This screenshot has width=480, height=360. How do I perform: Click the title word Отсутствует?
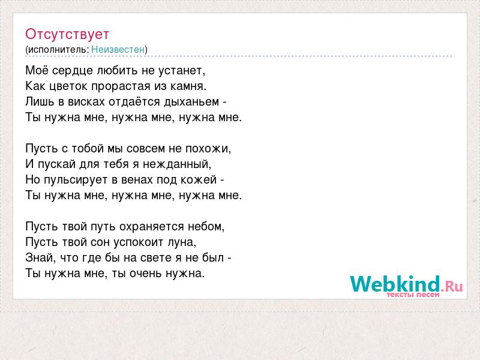pyautogui.click(x=67, y=34)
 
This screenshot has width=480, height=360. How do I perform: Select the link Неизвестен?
pyautogui.click(x=118, y=50)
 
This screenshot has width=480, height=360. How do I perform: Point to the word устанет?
pyautogui.click(x=181, y=71)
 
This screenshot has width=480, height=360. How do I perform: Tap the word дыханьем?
pyautogui.click(x=191, y=102)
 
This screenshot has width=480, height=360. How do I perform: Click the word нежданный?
pyautogui.click(x=176, y=164)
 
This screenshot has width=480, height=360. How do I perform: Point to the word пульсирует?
pyautogui.click(x=76, y=180)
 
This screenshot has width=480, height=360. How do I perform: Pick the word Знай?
pyautogui.click(x=39, y=258)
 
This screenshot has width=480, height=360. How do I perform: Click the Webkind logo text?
pyautogui.click(x=395, y=284)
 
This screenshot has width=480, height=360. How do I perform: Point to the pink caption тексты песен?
pyautogui.click(x=413, y=295)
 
